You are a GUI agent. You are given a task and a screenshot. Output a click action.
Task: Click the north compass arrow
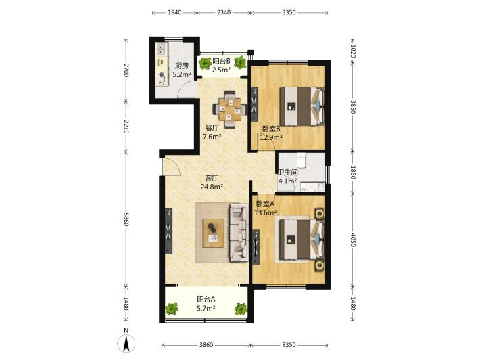coord(126,343)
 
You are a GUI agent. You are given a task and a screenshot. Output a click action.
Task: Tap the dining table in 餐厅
coord(230,109)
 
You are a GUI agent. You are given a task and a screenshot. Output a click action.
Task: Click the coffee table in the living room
coord(214,233)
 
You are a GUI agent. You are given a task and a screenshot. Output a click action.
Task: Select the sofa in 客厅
coord(239,233)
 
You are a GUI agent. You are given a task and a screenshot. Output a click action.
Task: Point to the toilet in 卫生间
coord(302,160)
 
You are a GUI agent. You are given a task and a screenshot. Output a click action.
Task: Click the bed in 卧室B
coord(302,106)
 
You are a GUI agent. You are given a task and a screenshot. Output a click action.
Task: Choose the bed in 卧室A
coord(302,240)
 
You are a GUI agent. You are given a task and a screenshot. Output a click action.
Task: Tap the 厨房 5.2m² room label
coord(182,70)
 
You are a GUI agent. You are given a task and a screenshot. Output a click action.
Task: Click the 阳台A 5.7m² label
coord(206,303)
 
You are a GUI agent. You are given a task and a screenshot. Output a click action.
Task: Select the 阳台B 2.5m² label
coord(221,65)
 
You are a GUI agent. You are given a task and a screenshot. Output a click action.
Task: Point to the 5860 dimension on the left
coord(126,218)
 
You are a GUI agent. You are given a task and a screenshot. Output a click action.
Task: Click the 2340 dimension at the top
coord(224,12)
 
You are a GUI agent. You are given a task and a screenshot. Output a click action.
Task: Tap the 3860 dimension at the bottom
coord(206,345)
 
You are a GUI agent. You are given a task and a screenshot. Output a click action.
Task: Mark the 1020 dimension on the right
coord(352,51)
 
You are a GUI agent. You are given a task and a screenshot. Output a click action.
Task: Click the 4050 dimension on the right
coord(352,240)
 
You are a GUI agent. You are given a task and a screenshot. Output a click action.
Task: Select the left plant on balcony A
coord(172,309)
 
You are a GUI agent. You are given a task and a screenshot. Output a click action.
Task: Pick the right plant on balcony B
coord(240,62)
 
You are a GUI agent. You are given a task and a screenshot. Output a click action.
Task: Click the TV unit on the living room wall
coord(168,231)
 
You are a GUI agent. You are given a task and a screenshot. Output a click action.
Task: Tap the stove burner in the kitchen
coord(162,74)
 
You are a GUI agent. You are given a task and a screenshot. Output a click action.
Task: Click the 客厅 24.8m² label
coord(212,182)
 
